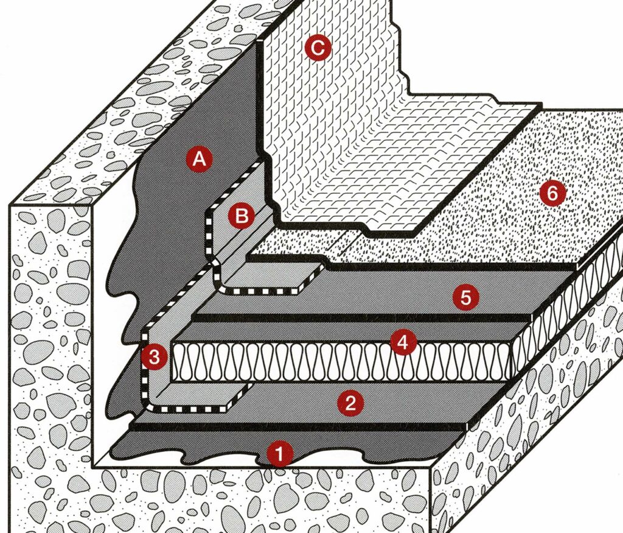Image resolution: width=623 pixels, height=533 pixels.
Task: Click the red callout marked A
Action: (199, 159)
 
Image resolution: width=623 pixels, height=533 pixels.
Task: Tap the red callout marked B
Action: (242, 216)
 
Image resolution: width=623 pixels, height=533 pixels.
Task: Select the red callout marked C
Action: (318, 48)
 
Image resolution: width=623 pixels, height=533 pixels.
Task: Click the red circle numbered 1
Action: (280, 453)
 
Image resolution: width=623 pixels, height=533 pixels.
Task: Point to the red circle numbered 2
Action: (350, 404)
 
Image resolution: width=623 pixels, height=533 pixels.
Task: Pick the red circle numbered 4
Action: (403, 342)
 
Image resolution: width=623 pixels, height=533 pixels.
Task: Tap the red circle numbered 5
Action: (466, 296)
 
